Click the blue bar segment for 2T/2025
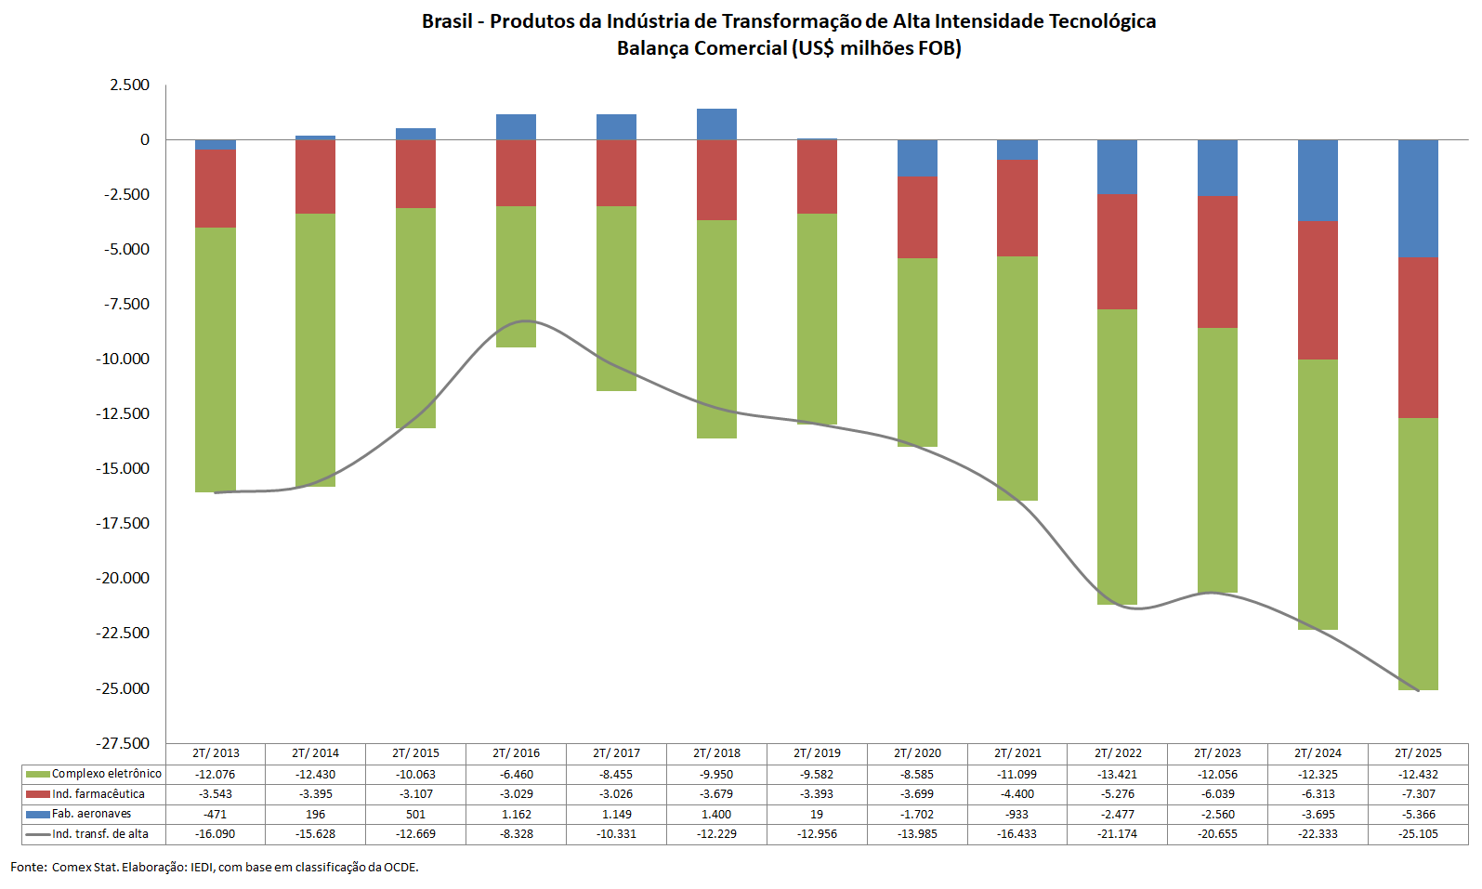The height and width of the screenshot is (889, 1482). pos(1418,199)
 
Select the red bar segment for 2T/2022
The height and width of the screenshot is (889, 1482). pos(1117,252)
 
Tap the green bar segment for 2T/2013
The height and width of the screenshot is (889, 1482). pos(216,360)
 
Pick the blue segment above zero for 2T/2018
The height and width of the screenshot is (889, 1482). pos(716,124)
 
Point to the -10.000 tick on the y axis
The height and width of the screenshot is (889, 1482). pos(124,360)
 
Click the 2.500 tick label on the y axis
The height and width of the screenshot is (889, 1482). pos(129,85)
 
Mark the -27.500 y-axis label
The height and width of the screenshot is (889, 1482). pos(124,743)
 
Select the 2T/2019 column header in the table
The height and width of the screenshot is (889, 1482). pos(817,753)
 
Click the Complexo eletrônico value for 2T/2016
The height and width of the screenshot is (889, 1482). pos(516,774)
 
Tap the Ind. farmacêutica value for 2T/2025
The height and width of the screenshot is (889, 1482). pos(1418,794)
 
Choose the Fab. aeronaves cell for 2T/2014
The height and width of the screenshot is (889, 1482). pos(315,814)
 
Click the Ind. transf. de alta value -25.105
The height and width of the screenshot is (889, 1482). pos(1418,834)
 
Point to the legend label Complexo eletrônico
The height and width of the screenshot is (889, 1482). pos(106,774)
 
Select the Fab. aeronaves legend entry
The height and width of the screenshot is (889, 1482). pos(91,814)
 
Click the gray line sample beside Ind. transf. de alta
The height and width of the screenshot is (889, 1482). pos(38,834)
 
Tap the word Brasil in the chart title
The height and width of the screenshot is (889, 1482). pos(447,21)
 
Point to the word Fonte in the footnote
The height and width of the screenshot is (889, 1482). pos(28,868)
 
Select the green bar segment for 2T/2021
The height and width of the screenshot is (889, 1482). pos(1016,378)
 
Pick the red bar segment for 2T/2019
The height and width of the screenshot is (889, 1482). pos(817,176)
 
